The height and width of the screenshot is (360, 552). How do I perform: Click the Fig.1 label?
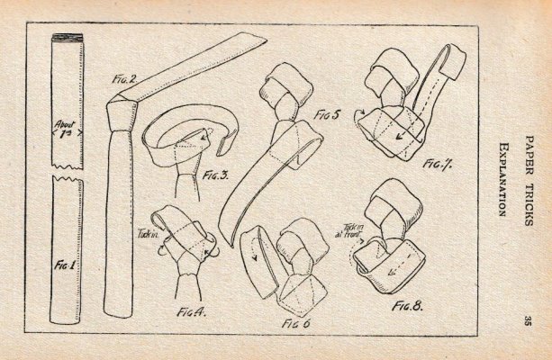click(65, 265)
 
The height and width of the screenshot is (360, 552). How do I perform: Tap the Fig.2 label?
click(124, 79)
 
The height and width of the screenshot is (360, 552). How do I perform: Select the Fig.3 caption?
click(215, 175)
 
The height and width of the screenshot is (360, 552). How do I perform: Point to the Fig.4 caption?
click(191, 311)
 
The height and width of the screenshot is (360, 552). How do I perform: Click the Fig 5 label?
click(328, 114)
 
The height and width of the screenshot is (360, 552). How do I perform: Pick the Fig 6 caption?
click(295, 323)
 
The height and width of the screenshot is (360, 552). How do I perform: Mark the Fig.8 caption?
click(407, 306)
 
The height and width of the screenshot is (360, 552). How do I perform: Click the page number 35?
click(528, 320)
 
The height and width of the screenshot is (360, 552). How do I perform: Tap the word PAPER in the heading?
click(529, 156)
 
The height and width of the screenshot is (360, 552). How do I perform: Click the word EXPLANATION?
click(503, 179)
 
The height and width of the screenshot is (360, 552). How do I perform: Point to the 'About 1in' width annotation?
click(66, 130)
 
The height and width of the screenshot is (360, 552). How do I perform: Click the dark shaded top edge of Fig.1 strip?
click(68, 38)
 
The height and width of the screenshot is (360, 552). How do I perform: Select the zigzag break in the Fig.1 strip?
click(68, 173)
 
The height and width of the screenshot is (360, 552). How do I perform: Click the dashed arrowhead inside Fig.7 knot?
click(399, 136)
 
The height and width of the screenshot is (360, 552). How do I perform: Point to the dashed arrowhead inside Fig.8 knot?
click(391, 271)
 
